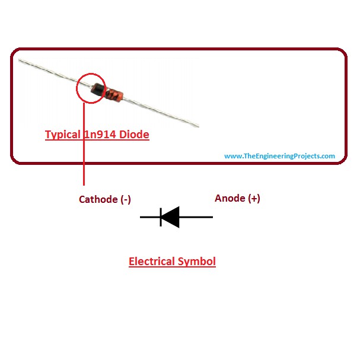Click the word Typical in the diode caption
(61, 135)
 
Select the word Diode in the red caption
(135, 135)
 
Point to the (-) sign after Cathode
(125, 199)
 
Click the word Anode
(230, 198)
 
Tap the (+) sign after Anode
(253, 198)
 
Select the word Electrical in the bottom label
(151, 261)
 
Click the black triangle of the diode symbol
(171, 217)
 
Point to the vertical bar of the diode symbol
(161, 217)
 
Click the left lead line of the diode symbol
(149, 217)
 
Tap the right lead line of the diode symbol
(196, 217)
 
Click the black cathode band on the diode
(97, 90)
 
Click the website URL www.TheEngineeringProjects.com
(279, 156)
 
